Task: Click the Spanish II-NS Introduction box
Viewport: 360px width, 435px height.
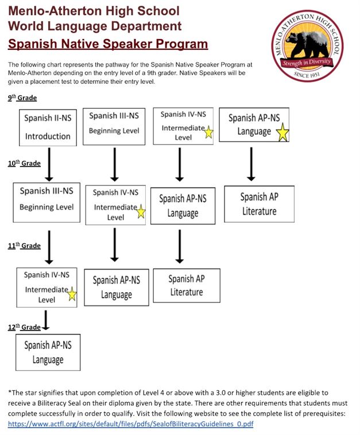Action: [48, 127]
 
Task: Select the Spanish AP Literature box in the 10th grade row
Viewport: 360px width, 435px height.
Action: [259, 204]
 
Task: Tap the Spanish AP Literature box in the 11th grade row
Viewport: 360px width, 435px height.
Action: [187, 285]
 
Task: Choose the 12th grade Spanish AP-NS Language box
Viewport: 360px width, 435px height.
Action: [48, 352]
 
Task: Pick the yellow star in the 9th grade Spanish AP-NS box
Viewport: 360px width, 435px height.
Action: [282, 133]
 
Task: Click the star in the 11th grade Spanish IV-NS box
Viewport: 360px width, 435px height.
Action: [72, 295]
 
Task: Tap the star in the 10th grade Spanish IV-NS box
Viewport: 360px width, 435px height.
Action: [141, 213]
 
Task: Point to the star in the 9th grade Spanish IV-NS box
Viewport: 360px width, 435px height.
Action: [208, 133]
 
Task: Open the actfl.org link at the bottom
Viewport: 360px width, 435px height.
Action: [130, 424]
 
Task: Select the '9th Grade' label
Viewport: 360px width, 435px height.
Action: [22, 98]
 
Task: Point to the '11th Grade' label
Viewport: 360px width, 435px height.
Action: [24, 246]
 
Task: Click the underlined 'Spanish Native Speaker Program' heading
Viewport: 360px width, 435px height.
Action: [108, 44]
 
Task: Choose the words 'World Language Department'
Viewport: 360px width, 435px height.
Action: [95, 26]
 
